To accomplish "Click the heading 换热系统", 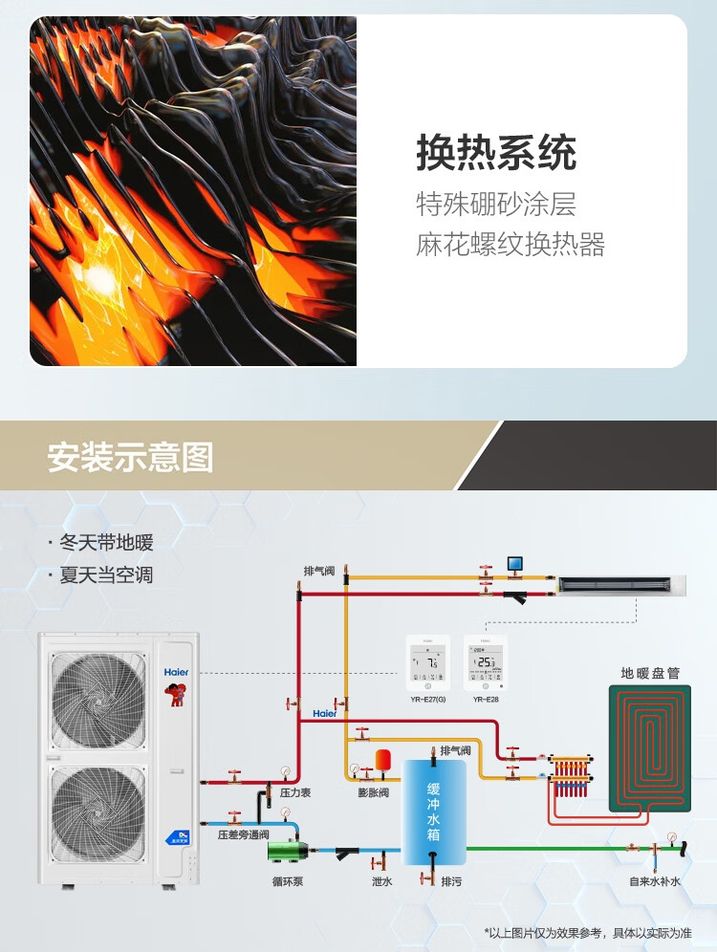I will click(x=496, y=153).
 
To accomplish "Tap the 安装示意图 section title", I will click(x=130, y=457).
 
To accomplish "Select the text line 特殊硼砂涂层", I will click(x=496, y=204).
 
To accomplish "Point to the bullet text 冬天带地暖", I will click(x=106, y=543).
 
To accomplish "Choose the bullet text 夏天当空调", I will click(x=106, y=575).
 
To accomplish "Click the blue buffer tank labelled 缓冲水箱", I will click(x=434, y=813).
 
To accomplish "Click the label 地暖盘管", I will click(x=650, y=673).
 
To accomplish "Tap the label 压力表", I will click(x=295, y=792).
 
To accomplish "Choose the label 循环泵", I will click(x=287, y=881).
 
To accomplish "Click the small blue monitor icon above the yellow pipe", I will click(x=515, y=564).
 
